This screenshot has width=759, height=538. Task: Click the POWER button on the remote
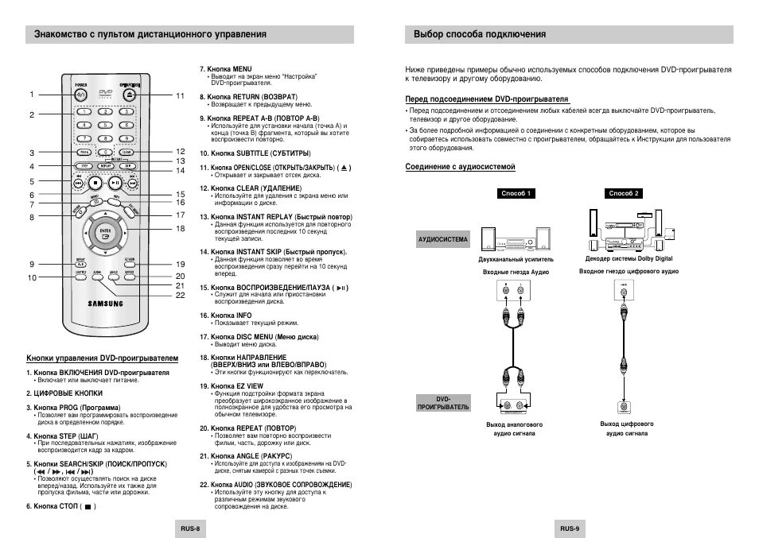(82, 94)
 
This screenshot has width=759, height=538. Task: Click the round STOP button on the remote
(96, 182)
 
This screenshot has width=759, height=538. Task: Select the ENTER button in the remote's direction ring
(104, 233)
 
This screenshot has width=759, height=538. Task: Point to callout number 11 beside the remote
(181, 95)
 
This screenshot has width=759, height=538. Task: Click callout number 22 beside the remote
(181, 295)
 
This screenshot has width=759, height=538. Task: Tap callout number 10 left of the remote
(33, 277)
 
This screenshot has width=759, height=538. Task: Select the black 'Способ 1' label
(516, 193)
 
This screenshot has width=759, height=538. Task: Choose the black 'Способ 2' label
(624, 193)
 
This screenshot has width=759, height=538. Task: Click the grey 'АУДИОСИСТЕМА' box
(443, 238)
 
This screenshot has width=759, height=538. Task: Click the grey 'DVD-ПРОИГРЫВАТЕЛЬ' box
(443, 403)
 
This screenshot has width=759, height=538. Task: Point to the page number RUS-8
(189, 528)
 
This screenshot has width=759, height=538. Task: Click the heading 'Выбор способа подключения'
(480, 34)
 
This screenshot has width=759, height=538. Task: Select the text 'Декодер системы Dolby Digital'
(629, 259)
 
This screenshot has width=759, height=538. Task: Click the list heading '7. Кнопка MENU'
(226, 69)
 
